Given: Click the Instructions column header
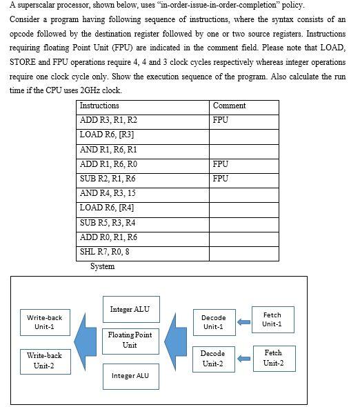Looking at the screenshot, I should coord(100,106).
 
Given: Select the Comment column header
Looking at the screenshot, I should coord(229,106).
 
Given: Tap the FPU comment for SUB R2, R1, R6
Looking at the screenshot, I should coord(221,179).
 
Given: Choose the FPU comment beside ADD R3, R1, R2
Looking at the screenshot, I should coord(221,120).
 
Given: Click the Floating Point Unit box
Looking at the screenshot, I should coord(130,339).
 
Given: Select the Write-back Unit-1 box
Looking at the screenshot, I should coord(45,322).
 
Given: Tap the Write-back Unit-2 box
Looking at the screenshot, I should coord(45,360).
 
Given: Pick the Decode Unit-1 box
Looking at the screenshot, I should coord(213,322).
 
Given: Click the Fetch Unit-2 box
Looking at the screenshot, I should coord(272,357).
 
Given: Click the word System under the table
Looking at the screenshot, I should coord(103,267).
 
